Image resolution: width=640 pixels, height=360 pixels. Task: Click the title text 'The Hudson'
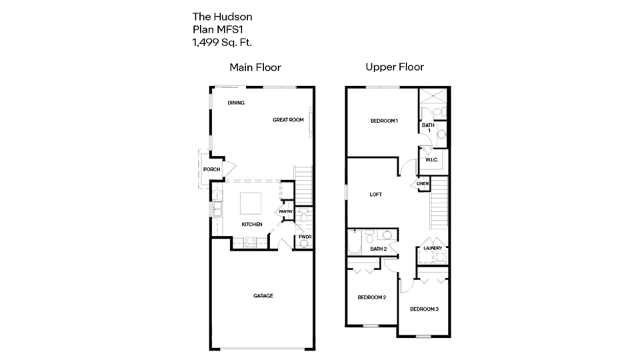pyautogui.click(x=222, y=16)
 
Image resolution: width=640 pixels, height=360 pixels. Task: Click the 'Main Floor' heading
pyautogui.click(x=255, y=67)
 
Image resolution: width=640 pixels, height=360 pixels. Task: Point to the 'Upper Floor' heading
pyautogui.click(x=394, y=67)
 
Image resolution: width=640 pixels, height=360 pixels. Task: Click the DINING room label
pyautogui.click(x=236, y=103)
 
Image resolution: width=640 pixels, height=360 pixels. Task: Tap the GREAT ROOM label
pyautogui.click(x=288, y=120)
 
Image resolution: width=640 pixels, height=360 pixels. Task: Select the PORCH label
pyautogui.click(x=211, y=169)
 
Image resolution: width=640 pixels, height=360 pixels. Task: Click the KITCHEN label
pyautogui.click(x=252, y=224)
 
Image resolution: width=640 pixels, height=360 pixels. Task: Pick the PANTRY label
pyautogui.click(x=286, y=211)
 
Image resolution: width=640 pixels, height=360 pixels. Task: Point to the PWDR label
pyautogui.click(x=305, y=237)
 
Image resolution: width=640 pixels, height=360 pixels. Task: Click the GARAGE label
pyautogui.click(x=263, y=295)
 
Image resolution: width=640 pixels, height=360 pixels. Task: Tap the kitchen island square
pyautogui.click(x=251, y=201)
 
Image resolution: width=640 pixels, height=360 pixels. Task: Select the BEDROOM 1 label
pyautogui.click(x=384, y=121)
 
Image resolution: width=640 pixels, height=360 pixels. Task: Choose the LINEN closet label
pyautogui.click(x=423, y=183)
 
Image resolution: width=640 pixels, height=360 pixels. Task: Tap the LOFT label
pyautogui.click(x=376, y=195)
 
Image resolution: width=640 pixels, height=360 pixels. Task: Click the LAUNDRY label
pyautogui.click(x=433, y=249)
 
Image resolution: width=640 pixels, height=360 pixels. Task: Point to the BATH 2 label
pyautogui.click(x=378, y=249)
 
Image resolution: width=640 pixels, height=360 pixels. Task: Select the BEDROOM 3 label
pyautogui.click(x=424, y=309)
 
